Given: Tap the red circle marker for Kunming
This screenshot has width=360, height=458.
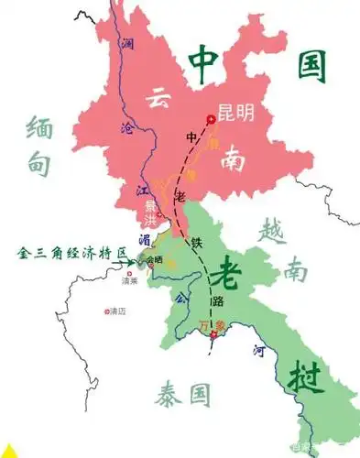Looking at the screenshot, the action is (211, 118).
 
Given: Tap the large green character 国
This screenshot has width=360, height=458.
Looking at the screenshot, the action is (308, 64).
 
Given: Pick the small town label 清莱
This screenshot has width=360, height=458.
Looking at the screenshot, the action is (128, 281).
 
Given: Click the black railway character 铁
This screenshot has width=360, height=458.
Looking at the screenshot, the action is (196, 244).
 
